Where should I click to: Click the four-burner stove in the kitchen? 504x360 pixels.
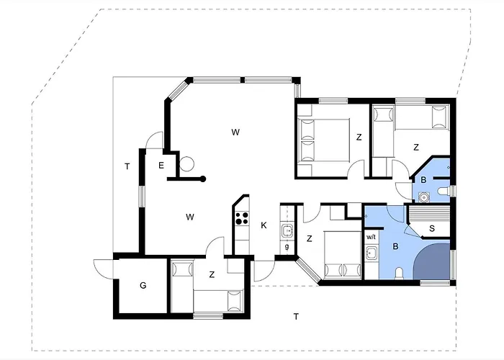[242, 218]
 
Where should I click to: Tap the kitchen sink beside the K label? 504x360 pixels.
[287, 231]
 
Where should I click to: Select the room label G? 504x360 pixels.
[143, 285]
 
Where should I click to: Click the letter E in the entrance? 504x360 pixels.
[161, 165]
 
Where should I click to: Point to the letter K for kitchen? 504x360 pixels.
[264, 225]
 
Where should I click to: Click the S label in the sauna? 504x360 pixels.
[432, 228]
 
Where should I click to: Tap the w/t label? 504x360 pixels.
[371, 237]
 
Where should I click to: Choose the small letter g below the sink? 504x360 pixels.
[287, 247]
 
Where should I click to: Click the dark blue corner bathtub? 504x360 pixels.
[432, 261]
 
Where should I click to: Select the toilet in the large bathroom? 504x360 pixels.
[400, 274]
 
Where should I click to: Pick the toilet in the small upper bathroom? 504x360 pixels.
[444, 192]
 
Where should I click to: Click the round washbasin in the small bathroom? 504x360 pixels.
[425, 196]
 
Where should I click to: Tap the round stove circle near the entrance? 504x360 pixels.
[186, 164]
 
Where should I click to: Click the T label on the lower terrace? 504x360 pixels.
[296, 317]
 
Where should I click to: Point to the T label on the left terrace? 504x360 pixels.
[127, 166]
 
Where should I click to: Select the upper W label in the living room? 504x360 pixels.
[235, 132]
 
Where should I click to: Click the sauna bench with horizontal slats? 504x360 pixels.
[428, 213]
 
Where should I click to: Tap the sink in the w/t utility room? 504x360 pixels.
[372, 253]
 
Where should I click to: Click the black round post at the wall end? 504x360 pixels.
[203, 179]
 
